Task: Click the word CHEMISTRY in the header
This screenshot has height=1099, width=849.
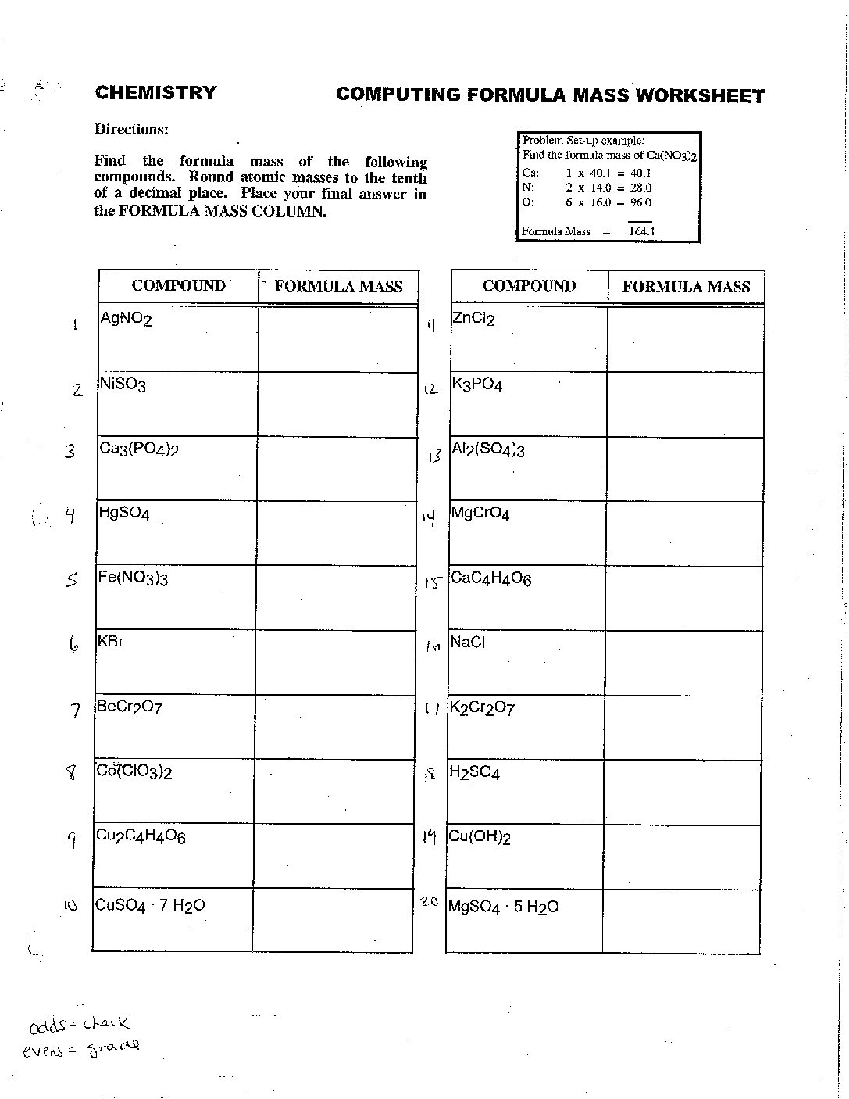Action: (x=155, y=93)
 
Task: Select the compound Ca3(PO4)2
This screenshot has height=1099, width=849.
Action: (x=138, y=449)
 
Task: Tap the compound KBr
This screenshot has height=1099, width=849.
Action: (x=111, y=642)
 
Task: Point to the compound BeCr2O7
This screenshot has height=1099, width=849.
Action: (x=129, y=707)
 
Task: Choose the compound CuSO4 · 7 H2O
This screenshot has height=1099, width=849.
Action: (x=150, y=906)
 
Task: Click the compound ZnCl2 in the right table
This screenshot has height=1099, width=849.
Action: (x=473, y=319)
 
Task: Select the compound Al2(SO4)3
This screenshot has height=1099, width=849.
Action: (x=487, y=450)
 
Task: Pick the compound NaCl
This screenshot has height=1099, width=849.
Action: (x=468, y=643)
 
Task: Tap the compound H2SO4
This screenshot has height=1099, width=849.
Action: (x=474, y=773)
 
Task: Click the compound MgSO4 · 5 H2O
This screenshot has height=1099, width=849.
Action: (x=503, y=907)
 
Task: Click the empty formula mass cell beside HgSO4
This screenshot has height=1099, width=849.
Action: (x=336, y=533)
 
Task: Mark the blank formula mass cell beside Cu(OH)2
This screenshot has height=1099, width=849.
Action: (x=682, y=857)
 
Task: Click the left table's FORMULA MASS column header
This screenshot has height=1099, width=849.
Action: (x=338, y=287)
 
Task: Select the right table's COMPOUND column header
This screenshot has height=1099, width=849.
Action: (x=529, y=286)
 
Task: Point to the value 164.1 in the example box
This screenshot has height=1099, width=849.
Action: (x=641, y=231)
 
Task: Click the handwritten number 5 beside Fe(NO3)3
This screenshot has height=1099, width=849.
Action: (x=72, y=580)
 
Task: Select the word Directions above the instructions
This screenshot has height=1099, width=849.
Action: (x=131, y=129)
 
